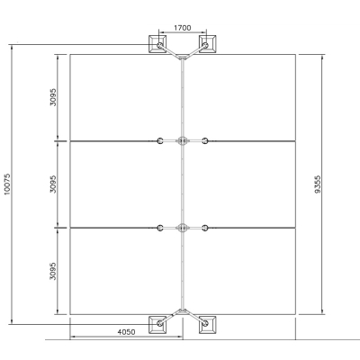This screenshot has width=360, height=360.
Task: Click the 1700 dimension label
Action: coord(183,28)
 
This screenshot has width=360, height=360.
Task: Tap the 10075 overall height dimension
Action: coord(7,184)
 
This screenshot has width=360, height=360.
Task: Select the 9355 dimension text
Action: coord(319,184)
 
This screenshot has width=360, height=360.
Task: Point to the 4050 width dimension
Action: coord(126,332)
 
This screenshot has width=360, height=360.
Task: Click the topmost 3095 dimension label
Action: coord(53,97)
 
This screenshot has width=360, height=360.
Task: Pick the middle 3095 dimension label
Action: coord(53,184)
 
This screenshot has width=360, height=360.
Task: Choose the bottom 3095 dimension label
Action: coord(53,271)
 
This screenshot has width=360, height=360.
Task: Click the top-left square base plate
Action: coord(157,44)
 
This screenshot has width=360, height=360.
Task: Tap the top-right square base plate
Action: coord(207,44)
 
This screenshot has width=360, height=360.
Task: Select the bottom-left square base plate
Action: coord(157,324)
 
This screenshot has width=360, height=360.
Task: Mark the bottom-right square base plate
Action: coord(207,324)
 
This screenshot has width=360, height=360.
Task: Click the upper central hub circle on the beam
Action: coord(183,140)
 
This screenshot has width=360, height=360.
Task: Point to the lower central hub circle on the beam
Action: coord(183,228)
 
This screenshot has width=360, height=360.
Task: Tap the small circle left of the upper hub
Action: coord(160,140)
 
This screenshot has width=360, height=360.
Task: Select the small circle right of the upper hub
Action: coord(205,140)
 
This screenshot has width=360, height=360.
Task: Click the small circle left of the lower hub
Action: coord(160,228)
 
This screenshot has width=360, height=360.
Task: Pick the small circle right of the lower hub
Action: coord(205,228)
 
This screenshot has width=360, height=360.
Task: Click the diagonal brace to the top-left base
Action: coord(170,51)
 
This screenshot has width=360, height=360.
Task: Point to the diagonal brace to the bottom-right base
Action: coord(195,317)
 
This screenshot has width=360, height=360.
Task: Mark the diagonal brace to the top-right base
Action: coord(195,51)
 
